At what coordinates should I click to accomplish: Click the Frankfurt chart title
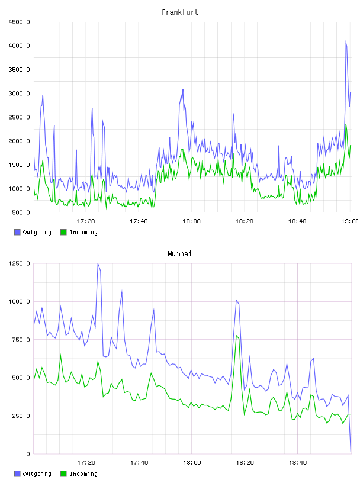click(180, 12)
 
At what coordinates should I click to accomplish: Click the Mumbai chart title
click(179, 253)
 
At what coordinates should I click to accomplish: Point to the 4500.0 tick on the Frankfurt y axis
click(19, 22)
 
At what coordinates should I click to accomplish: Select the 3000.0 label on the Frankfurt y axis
click(19, 94)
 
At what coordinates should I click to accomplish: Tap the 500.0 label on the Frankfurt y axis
click(21, 212)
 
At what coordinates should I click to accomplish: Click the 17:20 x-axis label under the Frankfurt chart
click(86, 221)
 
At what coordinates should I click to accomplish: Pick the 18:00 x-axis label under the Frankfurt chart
click(191, 221)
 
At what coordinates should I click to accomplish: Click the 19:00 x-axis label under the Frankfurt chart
click(350, 221)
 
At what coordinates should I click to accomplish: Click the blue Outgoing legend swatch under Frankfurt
click(17, 232)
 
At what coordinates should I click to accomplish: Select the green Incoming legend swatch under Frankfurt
click(63, 232)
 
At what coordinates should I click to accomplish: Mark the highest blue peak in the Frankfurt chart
click(346, 41)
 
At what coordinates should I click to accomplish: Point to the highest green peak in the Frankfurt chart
click(346, 124)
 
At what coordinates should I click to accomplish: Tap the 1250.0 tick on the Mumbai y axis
click(19, 263)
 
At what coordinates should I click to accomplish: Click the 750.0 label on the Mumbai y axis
click(21, 339)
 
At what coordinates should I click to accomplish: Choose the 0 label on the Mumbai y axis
click(28, 454)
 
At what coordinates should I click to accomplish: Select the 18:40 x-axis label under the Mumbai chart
click(297, 462)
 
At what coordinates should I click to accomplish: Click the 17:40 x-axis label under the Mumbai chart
click(139, 462)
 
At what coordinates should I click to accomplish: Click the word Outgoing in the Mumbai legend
click(37, 474)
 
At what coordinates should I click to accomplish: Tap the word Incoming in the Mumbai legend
click(83, 474)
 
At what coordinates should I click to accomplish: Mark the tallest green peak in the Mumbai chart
click(236, 336)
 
